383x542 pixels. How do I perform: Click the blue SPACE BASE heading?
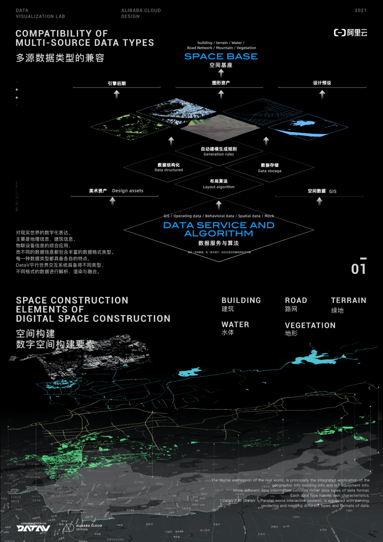pos(221,56)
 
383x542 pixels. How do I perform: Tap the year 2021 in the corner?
pos(360,10)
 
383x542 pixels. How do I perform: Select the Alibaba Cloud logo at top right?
pos(350,33)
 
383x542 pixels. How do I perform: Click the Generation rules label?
pos(218,154)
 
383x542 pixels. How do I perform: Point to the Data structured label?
pos(168,170)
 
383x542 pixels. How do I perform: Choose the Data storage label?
pos(270,171)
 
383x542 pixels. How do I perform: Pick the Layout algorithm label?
pos(218,187)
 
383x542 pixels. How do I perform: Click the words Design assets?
pos(128,191)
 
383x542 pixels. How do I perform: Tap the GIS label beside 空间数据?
pos(333,191)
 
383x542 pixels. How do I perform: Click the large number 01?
pos(359,268)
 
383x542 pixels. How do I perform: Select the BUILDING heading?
pos(241,300)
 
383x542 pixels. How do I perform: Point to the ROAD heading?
pos(296,300)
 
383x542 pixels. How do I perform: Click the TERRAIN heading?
pos(348,300)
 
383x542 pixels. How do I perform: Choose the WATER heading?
pos(235,325)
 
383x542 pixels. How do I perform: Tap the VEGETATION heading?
pos(310,325)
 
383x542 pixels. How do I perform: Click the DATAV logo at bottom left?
pos(33,528)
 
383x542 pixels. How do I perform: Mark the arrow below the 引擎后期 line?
pos(117,94)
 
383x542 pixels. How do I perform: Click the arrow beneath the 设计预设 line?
pos(322,94)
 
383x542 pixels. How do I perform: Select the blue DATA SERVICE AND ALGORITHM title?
pos(218,229)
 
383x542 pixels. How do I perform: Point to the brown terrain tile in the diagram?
pos(220,126)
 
